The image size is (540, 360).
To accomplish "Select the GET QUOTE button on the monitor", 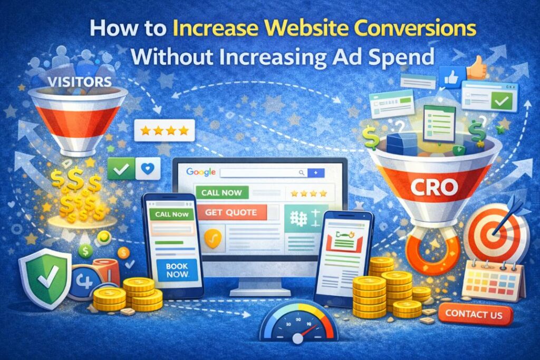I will click(231, 212).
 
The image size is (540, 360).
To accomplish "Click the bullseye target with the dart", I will click(496, 232).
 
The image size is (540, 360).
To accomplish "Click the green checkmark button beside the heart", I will click(120, 168).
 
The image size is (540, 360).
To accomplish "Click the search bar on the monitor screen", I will click(264, 172).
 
